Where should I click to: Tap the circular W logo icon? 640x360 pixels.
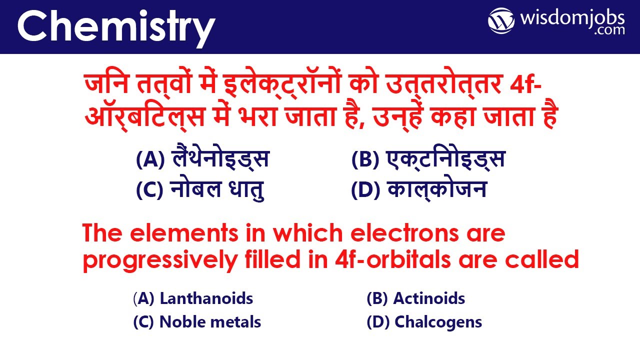[x=501, y=21]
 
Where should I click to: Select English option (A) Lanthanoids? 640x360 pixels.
[x=193, y=299]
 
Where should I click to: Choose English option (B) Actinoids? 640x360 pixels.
[x=416, y=299]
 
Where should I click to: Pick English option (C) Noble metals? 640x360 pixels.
[x=197, y=322]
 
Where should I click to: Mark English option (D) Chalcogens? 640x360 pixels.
[x=424, y=322]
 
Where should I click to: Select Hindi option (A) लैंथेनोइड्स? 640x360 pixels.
[x=202, y=159]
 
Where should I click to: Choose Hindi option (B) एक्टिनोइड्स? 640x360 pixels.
[x=428, y=159]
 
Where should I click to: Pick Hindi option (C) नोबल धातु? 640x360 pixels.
[x=200, y=190]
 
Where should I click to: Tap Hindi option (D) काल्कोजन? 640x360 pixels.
[x=419, y=190]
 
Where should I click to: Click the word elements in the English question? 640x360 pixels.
[x=180, y=234]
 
